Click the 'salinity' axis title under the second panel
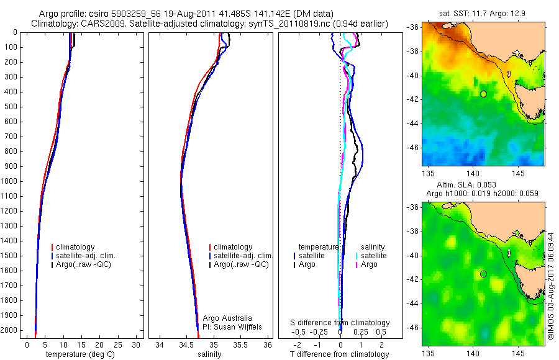click(x=210, y=354)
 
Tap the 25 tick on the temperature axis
click(x=119, y=344)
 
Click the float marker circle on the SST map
click(x=483, y=94)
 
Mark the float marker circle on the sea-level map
click(x=483, y=274)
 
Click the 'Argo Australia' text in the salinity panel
click(x=227, y=318)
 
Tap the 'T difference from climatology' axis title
click(x=339, y=354)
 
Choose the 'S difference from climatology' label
click(x=340, y=323)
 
